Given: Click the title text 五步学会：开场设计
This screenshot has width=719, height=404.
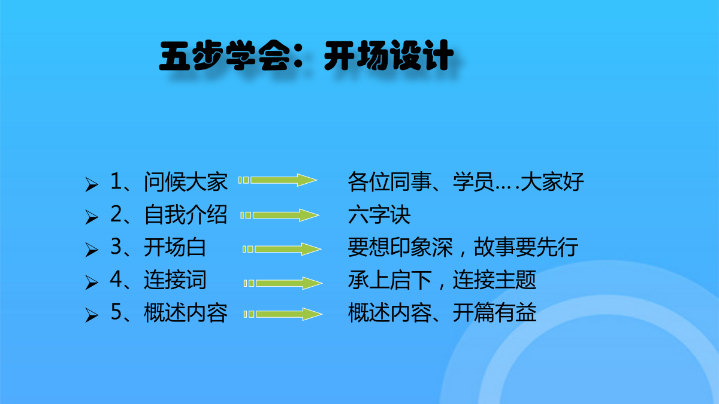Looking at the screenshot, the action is tap(307, 56).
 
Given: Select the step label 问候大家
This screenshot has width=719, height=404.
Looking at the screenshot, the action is tap(186, 182).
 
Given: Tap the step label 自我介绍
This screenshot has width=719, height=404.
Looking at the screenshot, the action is tap(186, 214).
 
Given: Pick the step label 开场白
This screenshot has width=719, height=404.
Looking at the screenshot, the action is tap(175, 247).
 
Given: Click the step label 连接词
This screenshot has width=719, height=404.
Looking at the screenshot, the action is tap(175, 280).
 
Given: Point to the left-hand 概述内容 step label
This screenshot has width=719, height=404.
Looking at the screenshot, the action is tap(186, 312).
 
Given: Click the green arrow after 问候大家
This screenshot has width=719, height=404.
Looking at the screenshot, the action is tap(277, 180).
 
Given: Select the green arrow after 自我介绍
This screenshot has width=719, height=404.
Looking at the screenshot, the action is tap(280, 215).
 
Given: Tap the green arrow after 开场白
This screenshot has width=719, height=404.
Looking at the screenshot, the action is tap(282, 249).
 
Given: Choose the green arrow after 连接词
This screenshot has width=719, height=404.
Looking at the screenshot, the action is tap(283, 283).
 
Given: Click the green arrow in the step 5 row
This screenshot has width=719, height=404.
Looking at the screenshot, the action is tap(283, 314).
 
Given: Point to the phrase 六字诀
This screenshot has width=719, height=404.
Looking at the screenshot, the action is tap(379, 214).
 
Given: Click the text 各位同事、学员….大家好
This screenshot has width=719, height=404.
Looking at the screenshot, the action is tap(466, 182).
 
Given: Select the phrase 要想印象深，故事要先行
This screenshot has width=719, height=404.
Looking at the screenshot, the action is tap(463, 247).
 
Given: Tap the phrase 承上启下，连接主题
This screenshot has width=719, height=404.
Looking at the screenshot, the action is tap(442, 280).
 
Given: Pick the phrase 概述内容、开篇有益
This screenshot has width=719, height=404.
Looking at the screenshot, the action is tap(442, 312).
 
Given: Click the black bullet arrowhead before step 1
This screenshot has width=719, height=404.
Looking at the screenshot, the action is tap(92, 184).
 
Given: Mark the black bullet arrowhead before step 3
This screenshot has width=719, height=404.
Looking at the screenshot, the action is tap(92, 250).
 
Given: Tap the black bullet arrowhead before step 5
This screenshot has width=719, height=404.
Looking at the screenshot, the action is tap(92, 315).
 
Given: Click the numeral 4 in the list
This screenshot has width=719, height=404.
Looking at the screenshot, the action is tap(116, 279).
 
